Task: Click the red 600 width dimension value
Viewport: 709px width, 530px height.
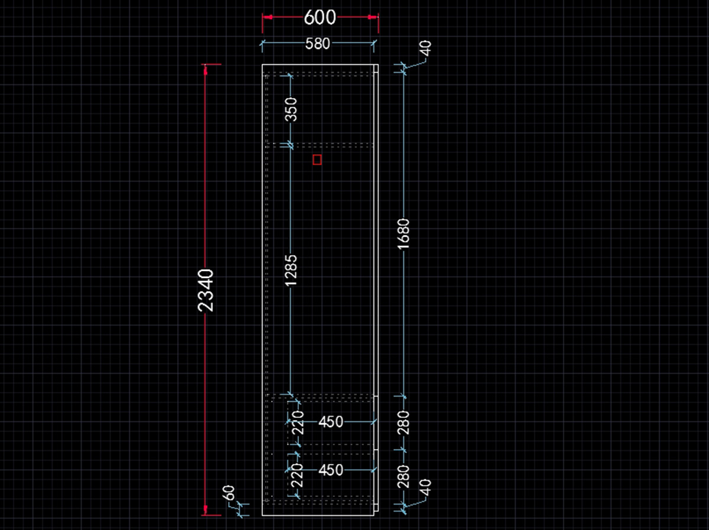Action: pos(320,18)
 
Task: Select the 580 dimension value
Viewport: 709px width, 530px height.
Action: pos(318,44)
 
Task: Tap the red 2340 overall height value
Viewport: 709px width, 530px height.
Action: pos(206,290)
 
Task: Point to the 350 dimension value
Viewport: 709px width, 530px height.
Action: pos(291,110)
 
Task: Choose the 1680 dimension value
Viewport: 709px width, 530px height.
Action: pos(404,234)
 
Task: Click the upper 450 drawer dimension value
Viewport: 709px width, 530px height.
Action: pos(331,422)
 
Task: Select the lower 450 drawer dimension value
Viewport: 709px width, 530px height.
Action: pos(331,470)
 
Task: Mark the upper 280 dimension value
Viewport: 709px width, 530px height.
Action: pos(404,423)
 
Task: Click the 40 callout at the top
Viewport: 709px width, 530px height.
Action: pos(426,48)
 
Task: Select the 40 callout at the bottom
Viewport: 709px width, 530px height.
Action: pos(426,489)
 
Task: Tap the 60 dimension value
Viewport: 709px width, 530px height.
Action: pos(229,493)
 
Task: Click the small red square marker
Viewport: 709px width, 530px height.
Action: pos(317,159)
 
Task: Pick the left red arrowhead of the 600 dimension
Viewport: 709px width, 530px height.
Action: pos(268,17)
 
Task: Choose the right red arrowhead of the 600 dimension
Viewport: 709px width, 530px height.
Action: pos(373,17)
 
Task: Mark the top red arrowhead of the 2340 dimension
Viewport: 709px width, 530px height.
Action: pos(205,70)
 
